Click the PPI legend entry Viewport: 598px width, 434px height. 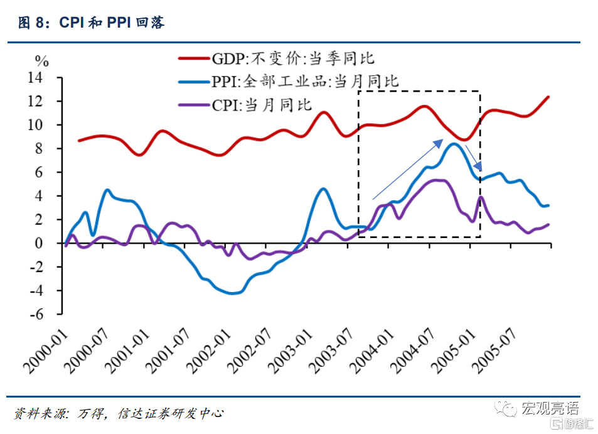[304, 81]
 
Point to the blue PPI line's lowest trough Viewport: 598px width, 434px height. [233, 293]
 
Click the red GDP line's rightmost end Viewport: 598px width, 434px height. [548, 97]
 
